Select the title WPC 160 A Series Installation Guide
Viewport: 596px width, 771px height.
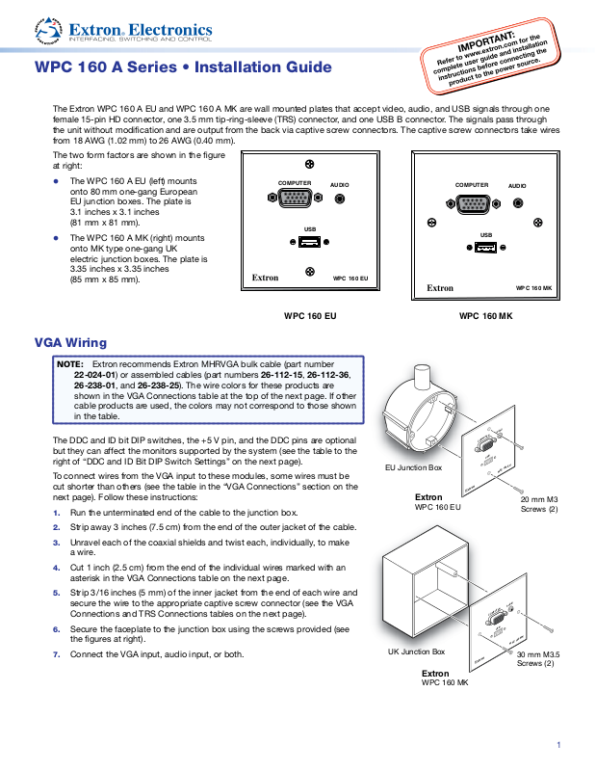tap(183, 67)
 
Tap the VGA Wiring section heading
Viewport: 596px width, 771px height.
tap(70, 343)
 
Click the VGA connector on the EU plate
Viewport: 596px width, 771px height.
tap(296, 199)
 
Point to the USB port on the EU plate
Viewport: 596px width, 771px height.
tap(309, 242)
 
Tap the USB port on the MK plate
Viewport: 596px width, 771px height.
tap(485, 249)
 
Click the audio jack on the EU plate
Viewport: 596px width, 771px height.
tap(340, 199)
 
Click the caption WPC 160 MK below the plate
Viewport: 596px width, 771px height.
tap(485, 315)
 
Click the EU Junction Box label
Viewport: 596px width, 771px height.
tap(413, 466)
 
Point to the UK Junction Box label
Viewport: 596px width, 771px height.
tap(416, 652)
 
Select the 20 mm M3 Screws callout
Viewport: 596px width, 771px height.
tap(539, 504)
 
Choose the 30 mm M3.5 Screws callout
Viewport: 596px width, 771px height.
tap(538, 659)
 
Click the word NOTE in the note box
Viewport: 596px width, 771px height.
tap(69, 364)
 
